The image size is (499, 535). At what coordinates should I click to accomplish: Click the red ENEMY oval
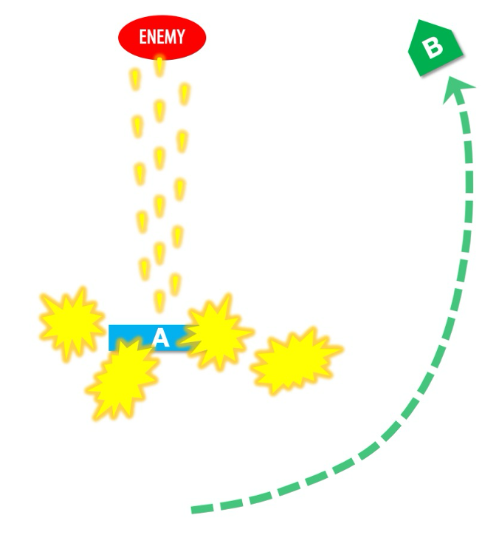coord(162,36)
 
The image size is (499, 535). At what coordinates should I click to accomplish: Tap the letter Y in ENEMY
coord(182,36)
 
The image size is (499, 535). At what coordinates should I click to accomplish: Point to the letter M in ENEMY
coord(169,36)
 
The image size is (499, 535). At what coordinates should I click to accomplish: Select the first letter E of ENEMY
coord(143,36)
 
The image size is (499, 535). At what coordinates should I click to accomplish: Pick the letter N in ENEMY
coord(151,36)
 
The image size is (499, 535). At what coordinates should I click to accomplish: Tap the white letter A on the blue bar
coord(160,338)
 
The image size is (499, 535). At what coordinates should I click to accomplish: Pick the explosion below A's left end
coord(123,378)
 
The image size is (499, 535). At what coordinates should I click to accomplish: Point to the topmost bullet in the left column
coord(135,78)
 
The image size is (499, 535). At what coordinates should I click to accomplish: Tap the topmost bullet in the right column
coord(185,93)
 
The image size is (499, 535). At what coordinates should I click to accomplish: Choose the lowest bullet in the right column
coord(174,284)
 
